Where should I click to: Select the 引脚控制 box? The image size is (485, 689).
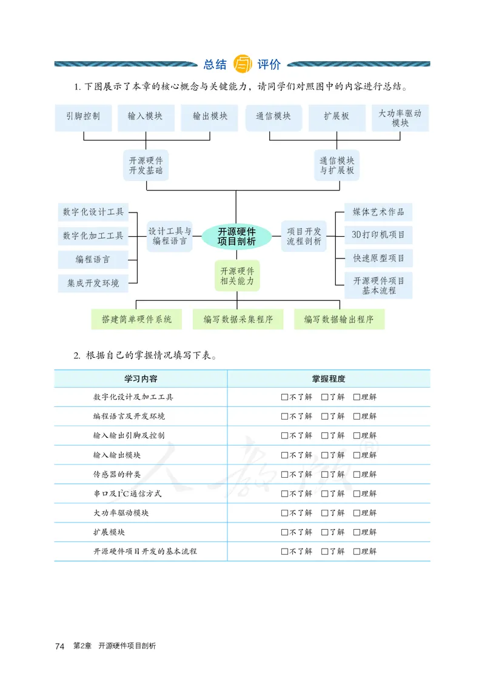coord(84,117)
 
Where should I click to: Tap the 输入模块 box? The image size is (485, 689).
coord(145,117)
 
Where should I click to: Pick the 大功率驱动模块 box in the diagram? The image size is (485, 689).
coord(400,118)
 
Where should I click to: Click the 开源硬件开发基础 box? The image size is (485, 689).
coord(145,165)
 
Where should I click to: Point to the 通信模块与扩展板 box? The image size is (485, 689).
coord(337,165)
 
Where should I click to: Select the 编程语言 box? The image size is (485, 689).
coord(93,259)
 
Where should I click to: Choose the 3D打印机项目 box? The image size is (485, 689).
coord(378,235)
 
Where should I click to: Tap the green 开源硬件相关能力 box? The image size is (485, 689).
coord(237,276)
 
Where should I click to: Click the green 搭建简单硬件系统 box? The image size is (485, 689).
coord(137,319)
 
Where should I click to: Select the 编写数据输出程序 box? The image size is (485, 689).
coord(339,319)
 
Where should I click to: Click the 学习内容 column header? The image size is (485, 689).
coord(141,378)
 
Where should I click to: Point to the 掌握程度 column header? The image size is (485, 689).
coord(329,378)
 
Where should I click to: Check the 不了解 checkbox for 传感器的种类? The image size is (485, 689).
coord(285,474)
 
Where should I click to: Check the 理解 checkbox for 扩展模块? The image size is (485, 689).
coord(356,532)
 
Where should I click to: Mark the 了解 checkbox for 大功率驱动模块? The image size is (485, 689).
coord(325,513)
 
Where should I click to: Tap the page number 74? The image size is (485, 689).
coord(59,646)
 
